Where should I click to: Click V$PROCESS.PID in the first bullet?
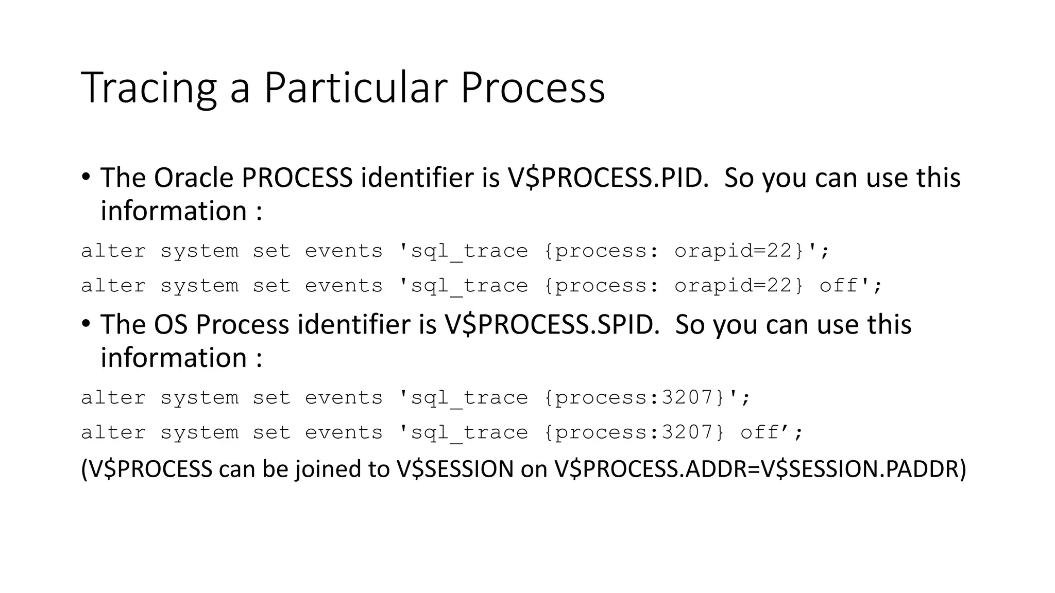coord(608,178)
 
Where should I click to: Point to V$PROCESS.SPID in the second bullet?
coord(552,324)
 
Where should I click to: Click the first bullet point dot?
coord(86,177)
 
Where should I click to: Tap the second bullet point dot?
coord(86,324)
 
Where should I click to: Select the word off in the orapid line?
coord(839,286)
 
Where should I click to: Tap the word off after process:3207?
coord(759,432)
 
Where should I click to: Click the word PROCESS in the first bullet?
coord(297,178)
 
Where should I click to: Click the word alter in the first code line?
coord(113,251)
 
